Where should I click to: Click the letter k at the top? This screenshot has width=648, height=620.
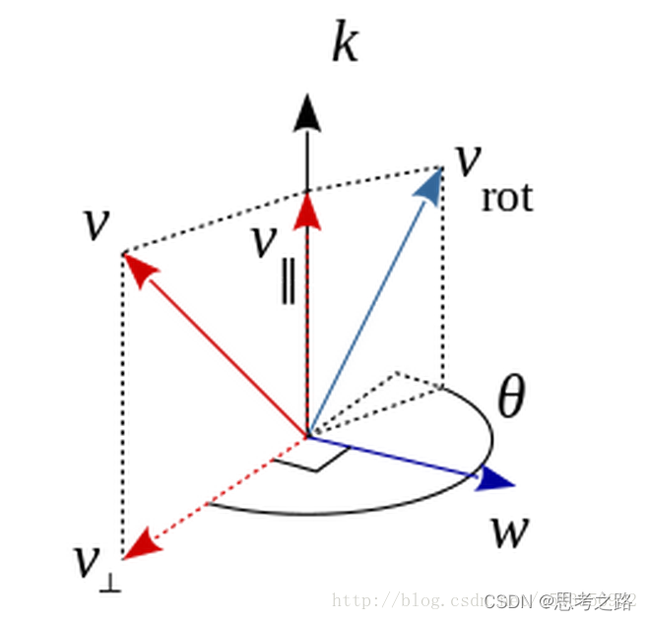coord(344,44)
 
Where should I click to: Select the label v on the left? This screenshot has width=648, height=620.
coord(96,223)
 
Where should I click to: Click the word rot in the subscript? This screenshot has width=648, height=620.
coord(507,199)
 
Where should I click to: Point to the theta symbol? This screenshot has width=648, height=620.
coord(510,399)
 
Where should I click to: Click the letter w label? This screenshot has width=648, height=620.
coord(509,532)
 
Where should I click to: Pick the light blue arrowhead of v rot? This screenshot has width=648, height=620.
coord(429,186)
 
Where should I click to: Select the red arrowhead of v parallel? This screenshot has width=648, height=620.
coord(308,208)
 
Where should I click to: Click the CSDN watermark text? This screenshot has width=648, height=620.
coord(511,601)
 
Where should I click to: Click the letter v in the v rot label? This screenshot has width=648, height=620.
coord(466,159)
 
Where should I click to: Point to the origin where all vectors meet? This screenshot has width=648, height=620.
coord(307,436)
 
